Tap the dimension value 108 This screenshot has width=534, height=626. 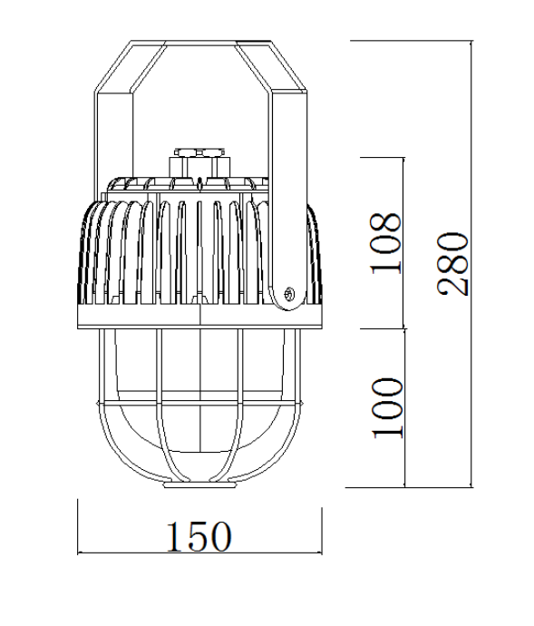coord(384,242)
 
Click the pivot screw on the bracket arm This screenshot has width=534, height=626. coord(289,293)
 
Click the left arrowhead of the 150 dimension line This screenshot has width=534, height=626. coord(83,552)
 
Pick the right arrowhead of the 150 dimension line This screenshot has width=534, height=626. coord(321,552)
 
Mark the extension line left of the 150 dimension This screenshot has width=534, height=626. coord(78,526)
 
